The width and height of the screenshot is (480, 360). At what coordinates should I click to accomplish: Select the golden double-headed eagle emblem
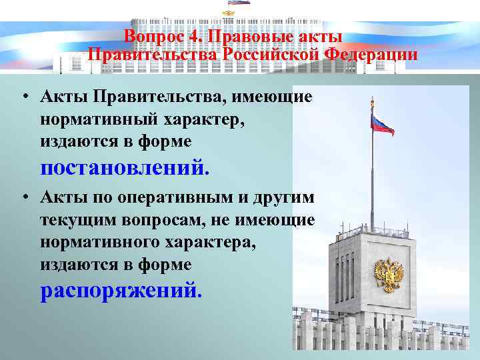(387, 276)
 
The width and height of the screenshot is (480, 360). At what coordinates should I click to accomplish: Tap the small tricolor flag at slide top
(239, 3)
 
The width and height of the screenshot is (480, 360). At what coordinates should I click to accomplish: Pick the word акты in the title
(323, 37)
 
